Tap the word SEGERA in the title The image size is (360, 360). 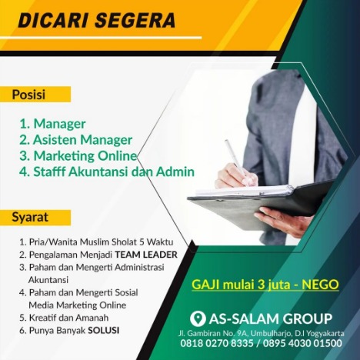pyautogui.click(x=135, y=20)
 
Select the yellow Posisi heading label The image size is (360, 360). pyautogui.click(x=35, y=95)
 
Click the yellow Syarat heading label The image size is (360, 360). pyautogui.click(x=35, y=218)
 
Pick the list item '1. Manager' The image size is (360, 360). pyautogui.click(x=52, y=124)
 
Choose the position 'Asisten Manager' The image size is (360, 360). pyautogui.click(x=83, y=140)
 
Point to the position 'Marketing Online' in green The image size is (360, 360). pyautogui.click(x=85, y=156)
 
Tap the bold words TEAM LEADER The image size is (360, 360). pyautogui.click(x=146, y=255)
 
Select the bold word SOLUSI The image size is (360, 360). pyautogui.click(x=104, y=330)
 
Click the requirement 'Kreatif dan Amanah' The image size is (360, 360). pyautogui.click(x=68, y=318)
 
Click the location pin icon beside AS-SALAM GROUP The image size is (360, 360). pyautogui.click(x=198, y=318)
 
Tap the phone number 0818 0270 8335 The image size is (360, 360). pyautogui.click(x=217, y=343)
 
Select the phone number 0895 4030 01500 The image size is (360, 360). pyautogui.click(x=302, y=343)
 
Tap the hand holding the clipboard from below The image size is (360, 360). pyautogui.click(x=282, y=222)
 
